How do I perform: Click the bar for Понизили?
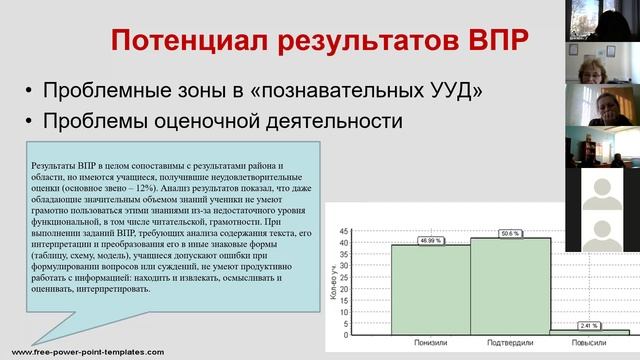click(x=431, y=289)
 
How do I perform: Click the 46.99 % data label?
click(x=431, y=240)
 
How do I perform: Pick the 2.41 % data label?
click(x=589, y=324)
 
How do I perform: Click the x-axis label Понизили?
click(x=431, y=346)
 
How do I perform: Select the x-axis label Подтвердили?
click(x=510, y=346)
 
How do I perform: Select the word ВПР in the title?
click(x=489, y=41)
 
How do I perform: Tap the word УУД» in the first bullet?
click(x=453, y=91)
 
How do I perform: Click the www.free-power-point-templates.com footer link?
click(x=81, y=352)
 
